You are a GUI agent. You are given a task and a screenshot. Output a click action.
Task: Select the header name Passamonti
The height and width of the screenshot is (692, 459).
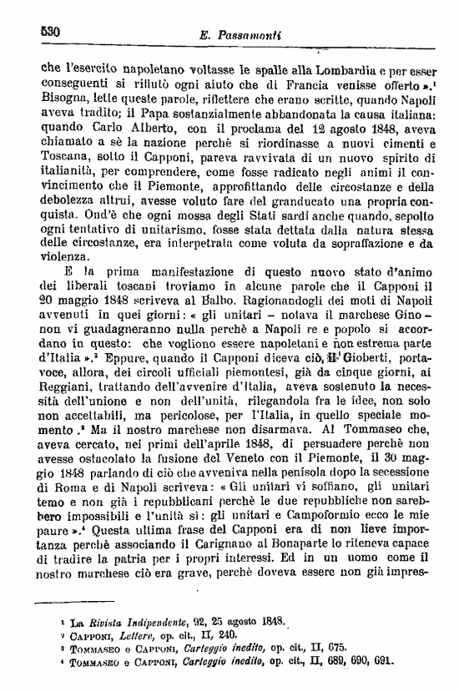(x=251, y=37)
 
